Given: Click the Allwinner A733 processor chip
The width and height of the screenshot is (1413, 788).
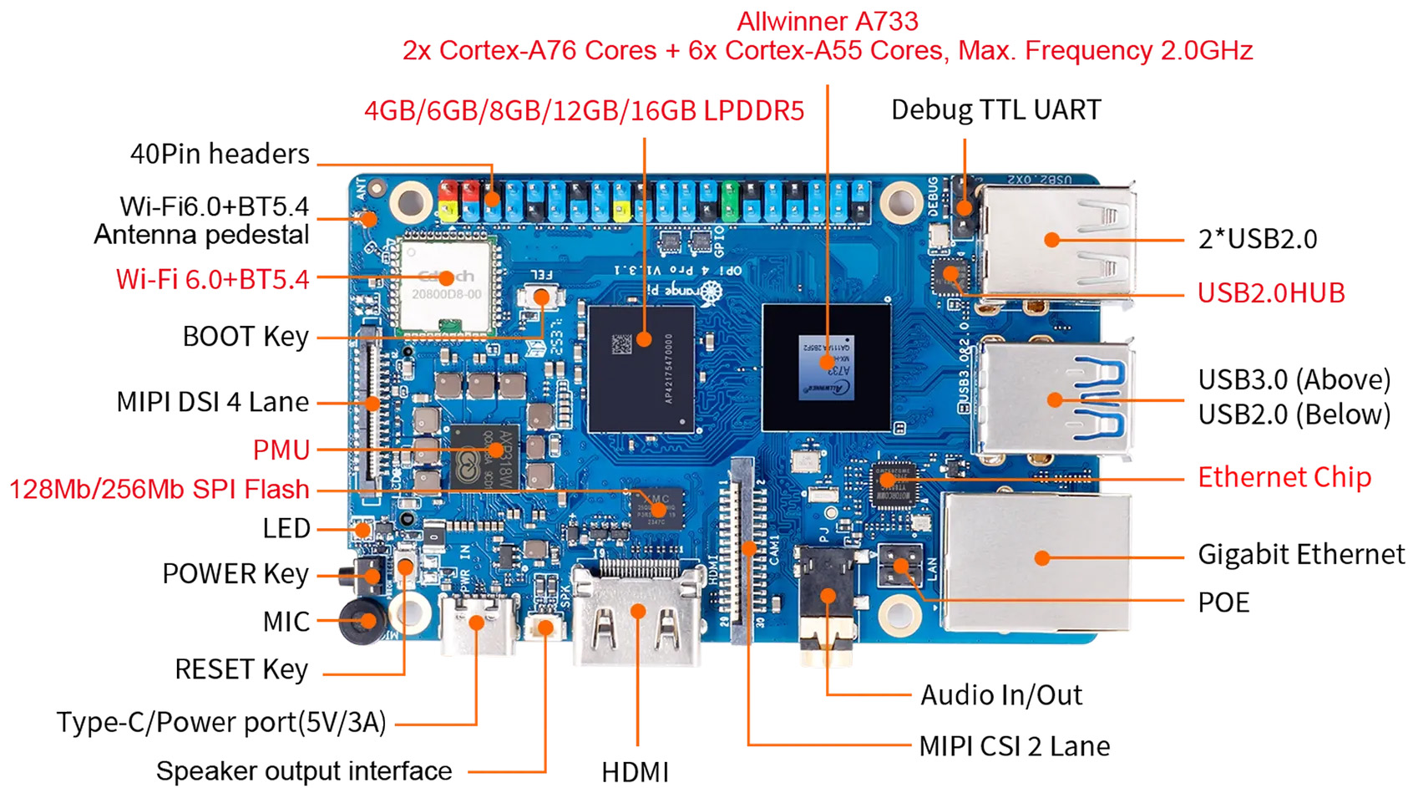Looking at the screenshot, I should tap(826, 368).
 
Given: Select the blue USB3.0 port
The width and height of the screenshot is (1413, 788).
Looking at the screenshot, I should tap(1055, 399).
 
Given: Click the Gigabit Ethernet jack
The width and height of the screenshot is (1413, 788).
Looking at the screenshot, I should tap(1037, 559).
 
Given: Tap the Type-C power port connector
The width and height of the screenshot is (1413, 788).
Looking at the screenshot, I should tap(476, 625).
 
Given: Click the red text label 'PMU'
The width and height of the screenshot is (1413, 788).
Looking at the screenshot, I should tap(281, 450).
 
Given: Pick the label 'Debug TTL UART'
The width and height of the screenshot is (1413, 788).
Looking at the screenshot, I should tap(995, 109).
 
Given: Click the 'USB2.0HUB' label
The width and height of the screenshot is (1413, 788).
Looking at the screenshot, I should tap(1270, 293).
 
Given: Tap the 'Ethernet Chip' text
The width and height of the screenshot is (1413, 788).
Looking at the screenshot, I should tap(1284, 478).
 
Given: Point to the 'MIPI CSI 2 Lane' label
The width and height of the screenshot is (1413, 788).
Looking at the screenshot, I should tap(1014, 746).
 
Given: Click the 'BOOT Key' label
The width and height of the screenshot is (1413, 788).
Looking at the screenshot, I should tap(246, 337).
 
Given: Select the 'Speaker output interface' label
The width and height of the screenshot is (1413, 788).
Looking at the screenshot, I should tap(304, 770).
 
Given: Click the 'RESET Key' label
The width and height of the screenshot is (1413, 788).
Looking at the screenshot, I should tap(241, 669).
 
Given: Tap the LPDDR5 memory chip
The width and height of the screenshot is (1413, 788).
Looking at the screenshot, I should tap(641, 368).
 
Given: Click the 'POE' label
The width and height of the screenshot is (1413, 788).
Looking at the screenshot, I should tap(1223, 602).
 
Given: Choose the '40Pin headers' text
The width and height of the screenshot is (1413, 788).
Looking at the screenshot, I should tap(220, 154).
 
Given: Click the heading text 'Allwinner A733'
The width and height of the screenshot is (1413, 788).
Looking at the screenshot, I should tap(827, 21).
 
